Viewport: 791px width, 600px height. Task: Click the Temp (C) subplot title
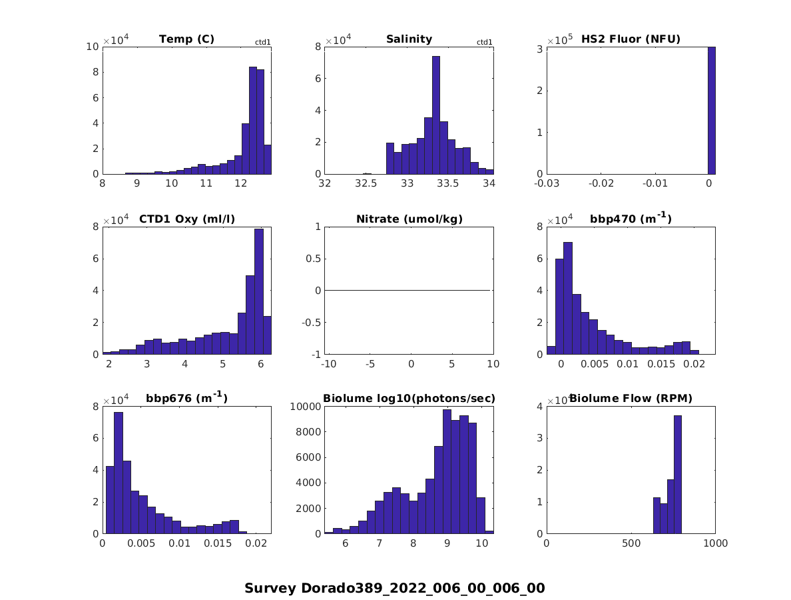pyautogui.click(x=186, y=39)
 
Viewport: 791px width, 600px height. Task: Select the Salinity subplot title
pyautogui.click(x=409, y=39)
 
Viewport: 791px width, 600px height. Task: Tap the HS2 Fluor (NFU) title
pyautogui.click(x=631, y=39)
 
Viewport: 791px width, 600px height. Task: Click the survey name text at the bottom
pyautogui.click(x=395, y=588)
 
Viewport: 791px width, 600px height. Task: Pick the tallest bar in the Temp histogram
pyautogui.click(x=253, y=120)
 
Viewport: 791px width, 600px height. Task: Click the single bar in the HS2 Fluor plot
pyautogui.click(x=711, y=110)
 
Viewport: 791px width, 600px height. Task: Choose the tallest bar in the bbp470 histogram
pyautogui.click(x=568, y=298)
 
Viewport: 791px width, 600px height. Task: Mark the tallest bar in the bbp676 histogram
pyautogui.click(x=119, y=473)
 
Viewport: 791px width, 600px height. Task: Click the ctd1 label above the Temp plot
pyautogui.click(x=263, y=43)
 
